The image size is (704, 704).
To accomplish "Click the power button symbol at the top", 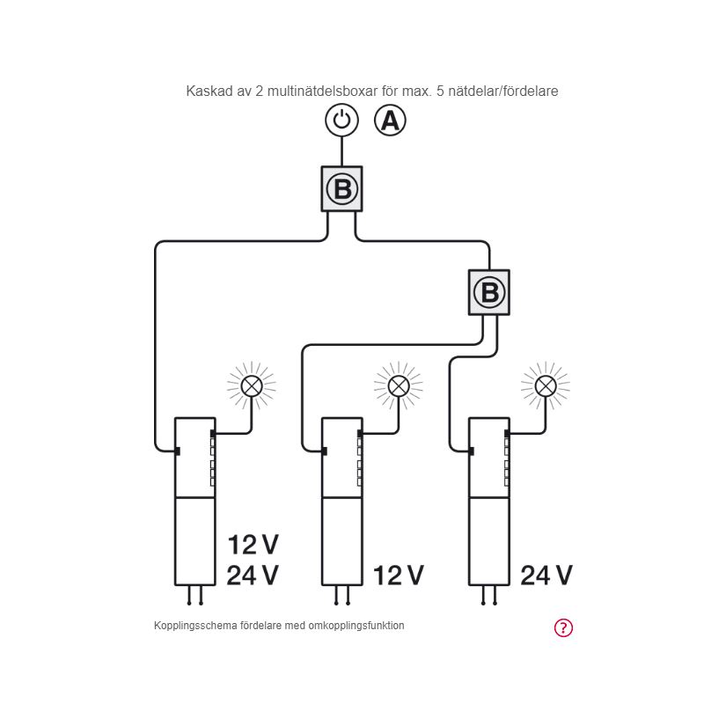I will pos(341,120).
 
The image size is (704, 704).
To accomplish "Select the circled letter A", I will pos(390,120).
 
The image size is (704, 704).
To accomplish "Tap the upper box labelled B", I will pos(341,188).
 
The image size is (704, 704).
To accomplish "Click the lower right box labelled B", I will pos(488,292).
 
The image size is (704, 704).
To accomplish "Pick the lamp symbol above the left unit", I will pos(252,385).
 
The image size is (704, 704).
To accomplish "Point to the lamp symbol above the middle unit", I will pos(399,385).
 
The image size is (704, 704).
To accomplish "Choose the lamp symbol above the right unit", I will pos(546,385).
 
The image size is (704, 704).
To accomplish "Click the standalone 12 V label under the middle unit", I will pos(399,576).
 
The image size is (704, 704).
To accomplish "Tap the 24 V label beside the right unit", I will pos(546,576).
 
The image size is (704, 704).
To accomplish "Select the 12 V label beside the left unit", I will pos(253,545).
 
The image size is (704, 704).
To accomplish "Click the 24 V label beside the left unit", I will pos(253,576).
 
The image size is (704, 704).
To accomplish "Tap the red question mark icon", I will pos(563,627).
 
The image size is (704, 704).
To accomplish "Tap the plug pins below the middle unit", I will pos(342,596).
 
